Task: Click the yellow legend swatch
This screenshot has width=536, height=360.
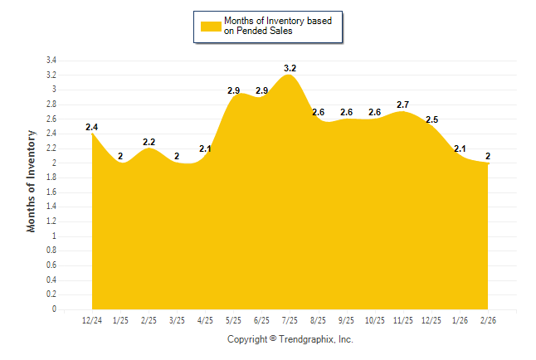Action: (211, 26)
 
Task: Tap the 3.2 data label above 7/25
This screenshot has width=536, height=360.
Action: (290, 68)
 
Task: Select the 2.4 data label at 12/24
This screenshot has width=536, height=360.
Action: (92, 127)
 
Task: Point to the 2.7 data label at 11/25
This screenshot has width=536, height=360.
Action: (403, 105)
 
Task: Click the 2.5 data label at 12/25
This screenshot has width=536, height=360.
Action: (431, 119)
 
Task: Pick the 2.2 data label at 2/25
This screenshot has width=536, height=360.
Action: (149, 142)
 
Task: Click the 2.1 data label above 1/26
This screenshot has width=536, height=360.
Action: (460, 148)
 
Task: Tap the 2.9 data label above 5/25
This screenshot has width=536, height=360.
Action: (233, 90)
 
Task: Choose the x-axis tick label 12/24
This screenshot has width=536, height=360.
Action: (92, 320)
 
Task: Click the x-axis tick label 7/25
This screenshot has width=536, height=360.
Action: (290, 320)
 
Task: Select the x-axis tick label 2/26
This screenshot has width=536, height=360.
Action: (489, 320)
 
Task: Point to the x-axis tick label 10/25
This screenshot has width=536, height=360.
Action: (375, 320)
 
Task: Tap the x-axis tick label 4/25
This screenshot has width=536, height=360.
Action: (205, 320)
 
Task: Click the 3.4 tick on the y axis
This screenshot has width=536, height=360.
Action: (51, 61)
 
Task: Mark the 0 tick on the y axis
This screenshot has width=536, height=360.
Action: (54, 309)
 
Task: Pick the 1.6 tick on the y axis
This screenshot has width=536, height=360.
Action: (51, 192)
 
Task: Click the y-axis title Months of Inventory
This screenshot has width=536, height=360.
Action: (32, 180)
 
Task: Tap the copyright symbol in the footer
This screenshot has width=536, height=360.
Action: (273, 339)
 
